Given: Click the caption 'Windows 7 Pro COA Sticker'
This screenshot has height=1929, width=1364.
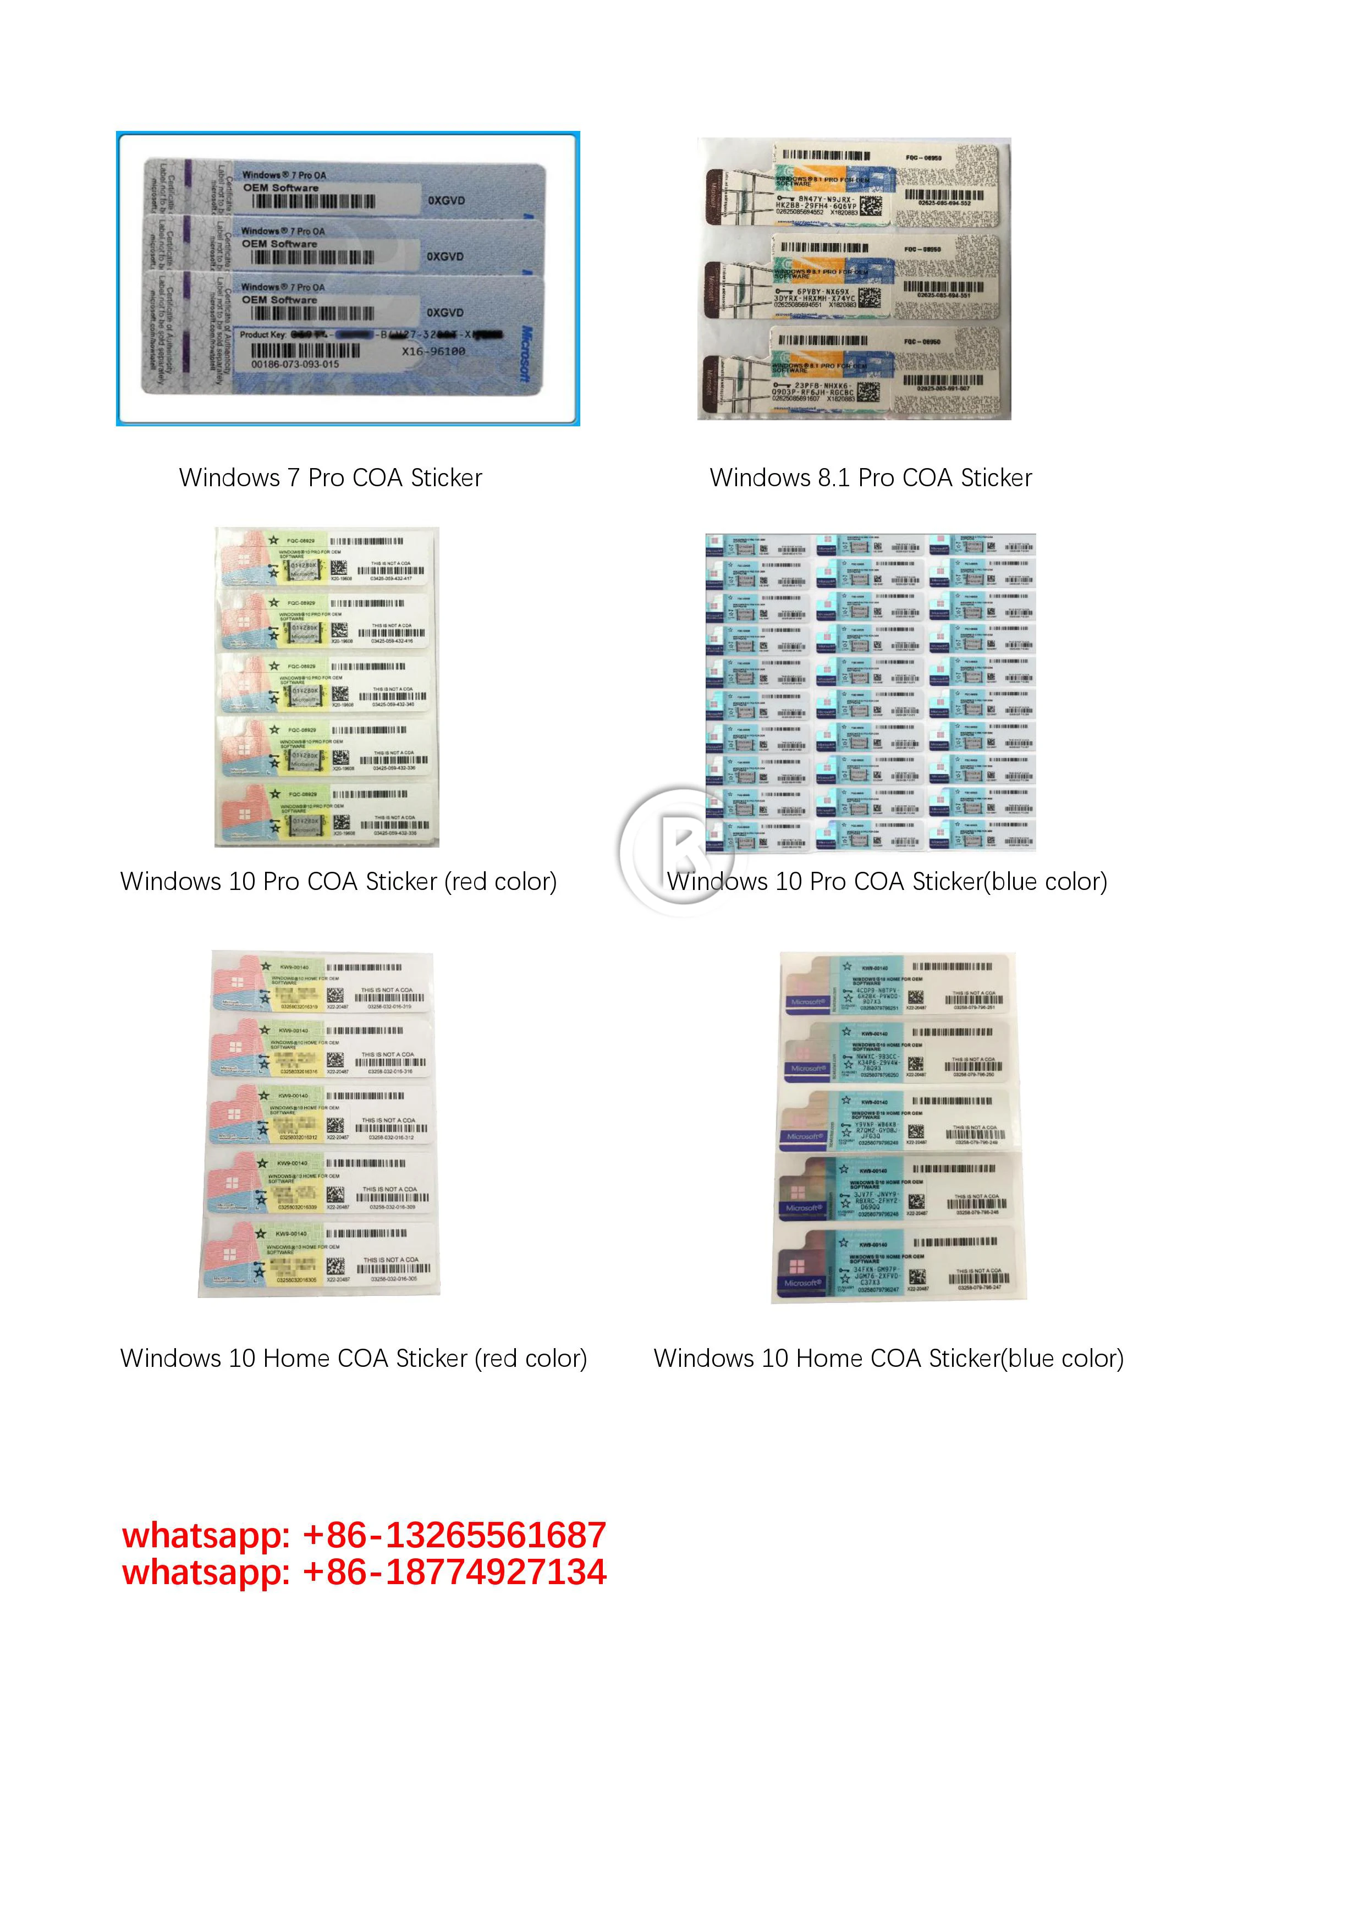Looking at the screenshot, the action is (x=330, y=477).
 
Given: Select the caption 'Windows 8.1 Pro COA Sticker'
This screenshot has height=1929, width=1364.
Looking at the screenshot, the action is (x=870, y=477).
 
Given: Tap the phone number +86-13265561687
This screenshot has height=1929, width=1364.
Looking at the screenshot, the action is (x=454, y=1535).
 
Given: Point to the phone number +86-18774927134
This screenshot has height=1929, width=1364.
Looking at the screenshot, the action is (x=454, y=1572).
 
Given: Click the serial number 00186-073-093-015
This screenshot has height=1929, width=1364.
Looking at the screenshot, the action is (x=296, y=365).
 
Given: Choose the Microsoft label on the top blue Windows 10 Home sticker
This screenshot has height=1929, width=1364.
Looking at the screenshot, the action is (x=808, y=1002).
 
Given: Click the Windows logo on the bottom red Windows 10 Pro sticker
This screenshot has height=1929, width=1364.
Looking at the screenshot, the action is (x=244, y=815).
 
